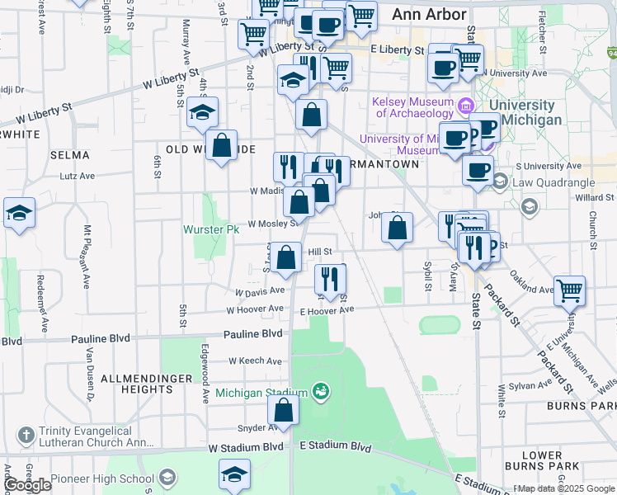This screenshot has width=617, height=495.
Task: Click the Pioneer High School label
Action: click(x=101, y=478)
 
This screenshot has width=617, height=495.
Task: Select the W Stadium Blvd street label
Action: click(x=246, y=447)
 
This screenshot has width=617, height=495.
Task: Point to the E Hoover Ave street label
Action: click(x=327, y=310)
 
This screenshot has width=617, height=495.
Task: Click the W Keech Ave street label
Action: click(x=256, y=361)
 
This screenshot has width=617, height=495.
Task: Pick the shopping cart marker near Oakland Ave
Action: click(x=569, y=290)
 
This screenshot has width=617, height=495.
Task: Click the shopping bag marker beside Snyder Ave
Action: click(x=283, y=411)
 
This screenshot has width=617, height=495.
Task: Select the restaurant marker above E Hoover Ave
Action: click(x=329, y=279)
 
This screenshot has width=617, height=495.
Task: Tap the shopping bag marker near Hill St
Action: click(x=286, y=257)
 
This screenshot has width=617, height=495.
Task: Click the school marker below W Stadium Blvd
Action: click(x=234, y=475)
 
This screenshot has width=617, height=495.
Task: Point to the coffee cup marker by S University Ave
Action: click(x=477, y=170)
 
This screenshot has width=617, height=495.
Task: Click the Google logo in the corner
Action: click(x=28, y=485)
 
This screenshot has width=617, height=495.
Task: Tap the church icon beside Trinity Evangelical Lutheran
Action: click(x=26, y=434)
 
